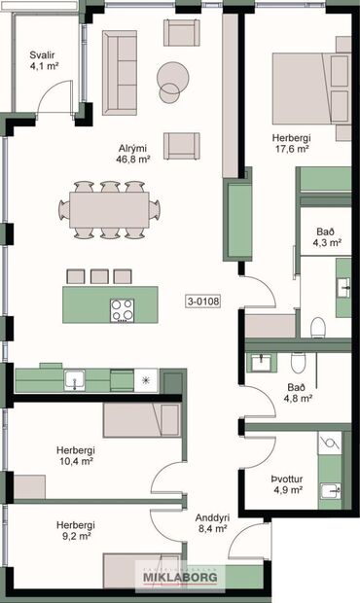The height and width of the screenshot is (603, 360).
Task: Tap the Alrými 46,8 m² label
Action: click(133, 153)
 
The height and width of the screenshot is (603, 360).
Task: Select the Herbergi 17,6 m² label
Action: click(291, 143)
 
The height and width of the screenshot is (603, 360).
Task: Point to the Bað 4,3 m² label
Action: click(328, 237)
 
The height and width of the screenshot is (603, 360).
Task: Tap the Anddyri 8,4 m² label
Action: click(211, 523)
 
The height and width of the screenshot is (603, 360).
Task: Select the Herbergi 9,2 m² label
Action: click(74, 529)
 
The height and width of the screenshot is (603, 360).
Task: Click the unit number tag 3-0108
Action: click(203, 301)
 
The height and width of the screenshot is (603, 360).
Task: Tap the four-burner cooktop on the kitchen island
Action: click(122, 309)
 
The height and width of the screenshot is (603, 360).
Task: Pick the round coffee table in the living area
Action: click(172, 77)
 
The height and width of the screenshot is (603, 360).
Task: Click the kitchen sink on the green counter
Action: click(73, 380)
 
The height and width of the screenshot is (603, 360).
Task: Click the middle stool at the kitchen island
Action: click(99, 276)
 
